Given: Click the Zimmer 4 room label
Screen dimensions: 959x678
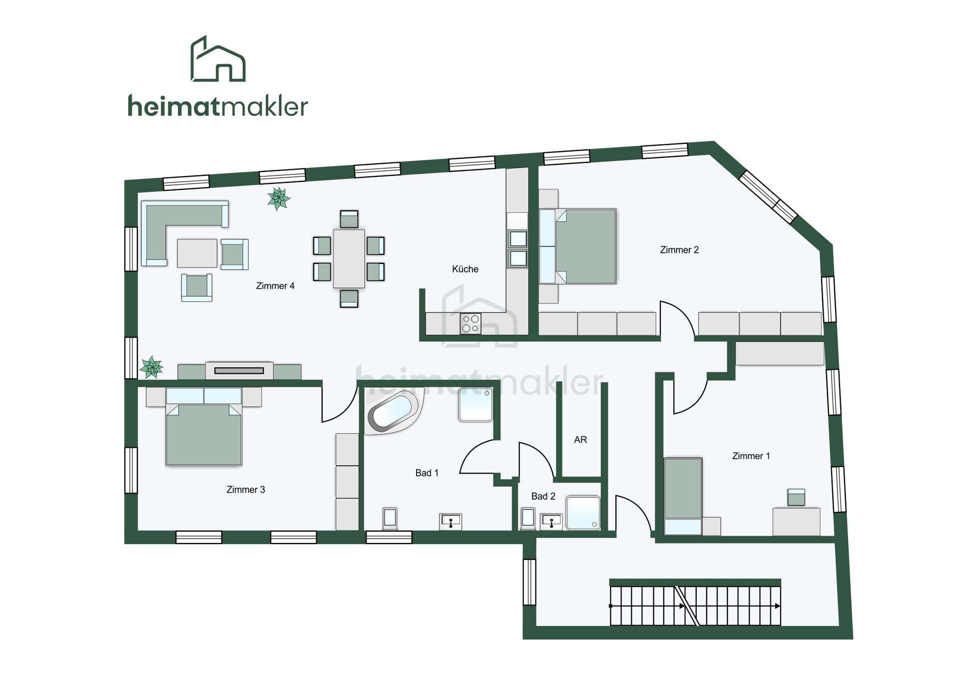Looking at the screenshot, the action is tap(275, 286).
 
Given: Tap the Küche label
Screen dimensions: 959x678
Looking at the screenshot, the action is tap(465, 269).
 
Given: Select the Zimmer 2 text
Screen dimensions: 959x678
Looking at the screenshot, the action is tap(679, 250).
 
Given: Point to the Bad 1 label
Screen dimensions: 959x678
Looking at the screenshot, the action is tap(427, 473).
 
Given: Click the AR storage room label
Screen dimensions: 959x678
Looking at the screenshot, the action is tap(580, 440).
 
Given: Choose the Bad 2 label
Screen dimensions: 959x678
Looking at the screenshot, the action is tap(543, 496).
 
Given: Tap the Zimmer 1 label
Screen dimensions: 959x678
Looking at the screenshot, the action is tap(751, 456).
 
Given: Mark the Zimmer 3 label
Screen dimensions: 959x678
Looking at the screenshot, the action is tap(246, 490).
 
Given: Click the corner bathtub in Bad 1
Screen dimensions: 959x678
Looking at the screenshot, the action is tap(393, 412).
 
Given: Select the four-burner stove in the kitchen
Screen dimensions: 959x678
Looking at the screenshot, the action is tap(471, 323).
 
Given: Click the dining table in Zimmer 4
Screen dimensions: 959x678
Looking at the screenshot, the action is tap(349, 258).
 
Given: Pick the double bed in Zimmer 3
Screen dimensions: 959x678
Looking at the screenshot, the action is tap(204, 427).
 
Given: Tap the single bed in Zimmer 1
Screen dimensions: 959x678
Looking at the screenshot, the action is tap(683, 497).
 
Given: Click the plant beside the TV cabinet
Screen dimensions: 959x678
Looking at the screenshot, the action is tap(151, 367).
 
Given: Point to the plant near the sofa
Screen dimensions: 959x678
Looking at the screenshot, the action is tap(279, 198).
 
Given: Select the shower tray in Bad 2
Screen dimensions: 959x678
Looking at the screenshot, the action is tap(583, 512).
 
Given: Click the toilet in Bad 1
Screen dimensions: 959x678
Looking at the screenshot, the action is tap(390, 518).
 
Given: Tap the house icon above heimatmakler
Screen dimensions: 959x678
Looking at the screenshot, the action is tap(218, 58).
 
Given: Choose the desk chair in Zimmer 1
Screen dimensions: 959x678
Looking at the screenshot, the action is tap(796, 498).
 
